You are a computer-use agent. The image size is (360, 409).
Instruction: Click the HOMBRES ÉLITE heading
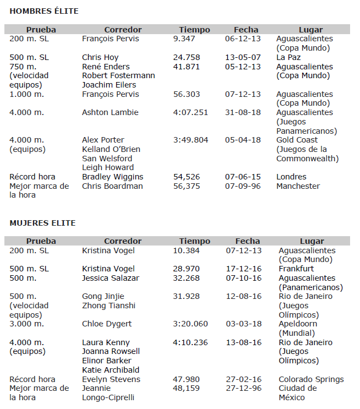pyautogui.click(x=44, y=11)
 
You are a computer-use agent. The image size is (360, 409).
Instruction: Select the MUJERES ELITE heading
pyautogui.click(x=42, y=223)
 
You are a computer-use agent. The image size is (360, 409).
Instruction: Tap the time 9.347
pyautogui.click(x=184, y=39)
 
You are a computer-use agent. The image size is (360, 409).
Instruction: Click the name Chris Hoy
pyautogui.click(x=100, y=57)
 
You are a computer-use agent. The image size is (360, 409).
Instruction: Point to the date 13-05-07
pyautogui.click(x=243, y=57)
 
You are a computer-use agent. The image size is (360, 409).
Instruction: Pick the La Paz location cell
pyautogui.click(x=288, y=57)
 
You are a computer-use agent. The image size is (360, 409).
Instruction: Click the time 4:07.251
pyautogui.click(x=190, y=112)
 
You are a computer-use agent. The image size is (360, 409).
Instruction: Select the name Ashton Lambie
pyautogui.click(x=111, y=112)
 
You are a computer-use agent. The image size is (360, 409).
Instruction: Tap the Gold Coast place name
pyautogui.click(x=298, y=140)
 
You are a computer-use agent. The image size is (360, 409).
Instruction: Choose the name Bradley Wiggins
pyautogui.click(x=112, y=177)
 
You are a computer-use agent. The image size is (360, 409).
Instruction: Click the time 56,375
pyautogui.click(x=186, y=186)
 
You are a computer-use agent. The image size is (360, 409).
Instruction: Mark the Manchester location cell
pyautogui.click(x=298, y=186)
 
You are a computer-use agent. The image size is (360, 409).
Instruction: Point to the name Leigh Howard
pyautogui.click(x=108, y=167)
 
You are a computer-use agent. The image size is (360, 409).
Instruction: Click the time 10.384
pyautogui.click(x=186, y=250)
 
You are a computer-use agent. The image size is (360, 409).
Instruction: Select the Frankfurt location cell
pyautogui.click(x=296, y=269)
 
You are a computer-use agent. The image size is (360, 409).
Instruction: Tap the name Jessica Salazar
pyautogui.click(x=111, y=278)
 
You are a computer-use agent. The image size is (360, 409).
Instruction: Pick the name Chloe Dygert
pyautogui.click(x=107, y=324)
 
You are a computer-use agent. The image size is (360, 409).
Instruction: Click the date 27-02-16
pyautogui.click(x=243, y=379)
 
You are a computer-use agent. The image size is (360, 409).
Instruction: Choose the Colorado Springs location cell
pyautogui.click(x=311, y=379)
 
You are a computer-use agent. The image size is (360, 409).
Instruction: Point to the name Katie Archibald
pyautogui.click(x=111, y=370)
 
